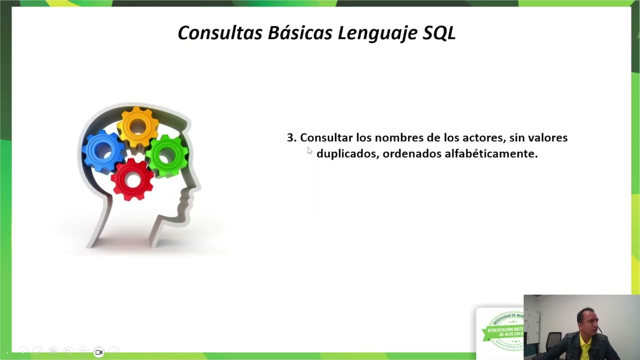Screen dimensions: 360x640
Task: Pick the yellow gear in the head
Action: [x=137, y=126]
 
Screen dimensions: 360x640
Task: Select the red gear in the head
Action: [x=132, y=179]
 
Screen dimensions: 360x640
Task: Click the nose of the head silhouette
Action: [x=196, y=186]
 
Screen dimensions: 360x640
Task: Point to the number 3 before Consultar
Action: [x=290, y=137]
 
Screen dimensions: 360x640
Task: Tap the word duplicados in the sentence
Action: [x=347, y=153]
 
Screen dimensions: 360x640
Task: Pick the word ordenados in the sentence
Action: [x=411, y=153]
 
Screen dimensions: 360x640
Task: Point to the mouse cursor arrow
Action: [x=309, y=151]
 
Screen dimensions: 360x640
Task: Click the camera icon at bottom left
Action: [x=99, y=352]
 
